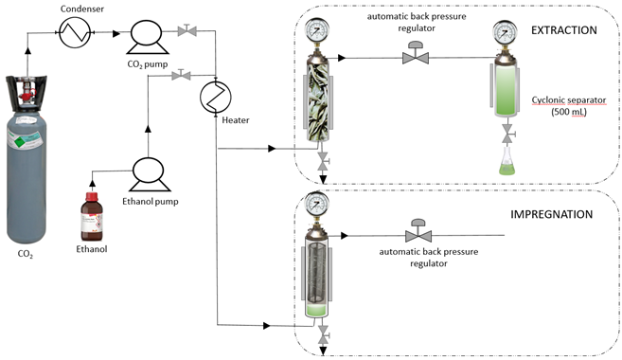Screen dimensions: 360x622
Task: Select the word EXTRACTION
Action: pos(563,31)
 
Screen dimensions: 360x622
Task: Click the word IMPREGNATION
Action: pos(550,214)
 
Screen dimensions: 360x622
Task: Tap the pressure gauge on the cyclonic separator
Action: pos(503,33)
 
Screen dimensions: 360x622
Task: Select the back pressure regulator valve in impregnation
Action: pos(415,232)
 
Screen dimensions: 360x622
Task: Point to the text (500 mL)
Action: pos(567,114)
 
